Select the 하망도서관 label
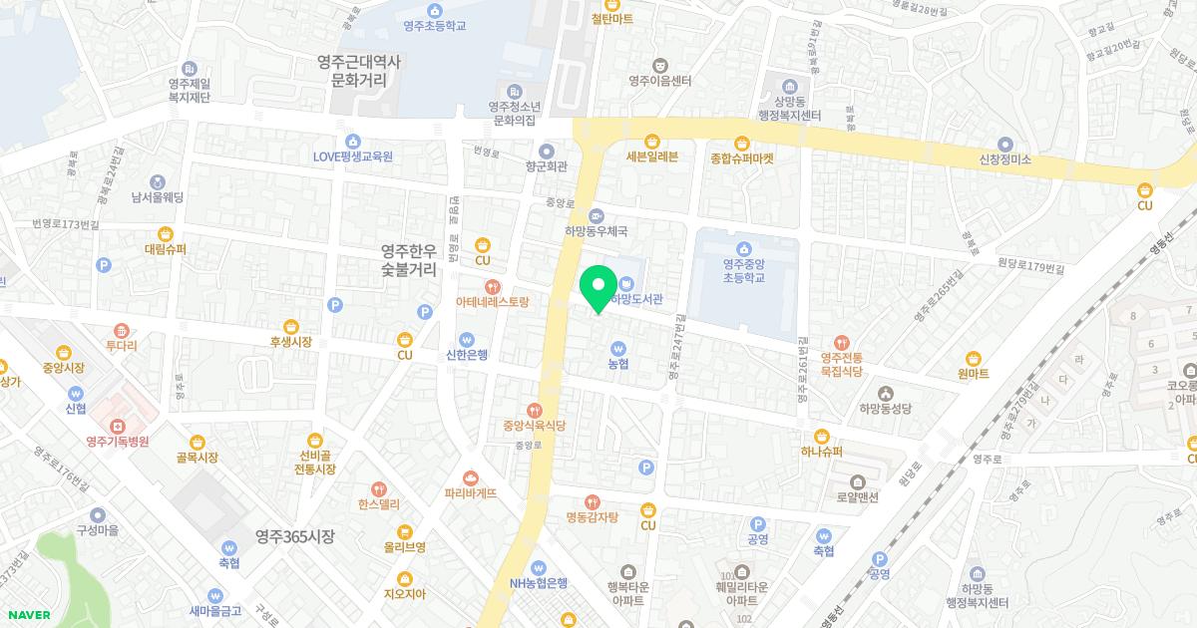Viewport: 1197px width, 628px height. [x=636, y=298]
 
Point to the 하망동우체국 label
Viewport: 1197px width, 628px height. [x=596, y=231]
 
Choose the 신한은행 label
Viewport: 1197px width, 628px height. [x=467, y=354]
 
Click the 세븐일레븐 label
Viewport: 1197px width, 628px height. [x=652, y=157]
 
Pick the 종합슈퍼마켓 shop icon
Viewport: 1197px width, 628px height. [x=742, y=143]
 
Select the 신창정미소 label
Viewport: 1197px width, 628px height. [x=1004, y=159]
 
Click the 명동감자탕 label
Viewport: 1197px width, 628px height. [x=593, y=516]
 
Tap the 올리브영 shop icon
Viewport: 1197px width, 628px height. [x=405, y=531]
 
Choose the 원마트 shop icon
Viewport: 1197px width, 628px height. [x=973, y=359]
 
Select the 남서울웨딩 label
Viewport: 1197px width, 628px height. [x=158, y=197]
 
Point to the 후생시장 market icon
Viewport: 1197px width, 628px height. [x=290, y=326]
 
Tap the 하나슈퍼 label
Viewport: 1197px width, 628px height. [x=822, y=451]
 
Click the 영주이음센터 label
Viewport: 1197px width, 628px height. [x=660, y=81]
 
